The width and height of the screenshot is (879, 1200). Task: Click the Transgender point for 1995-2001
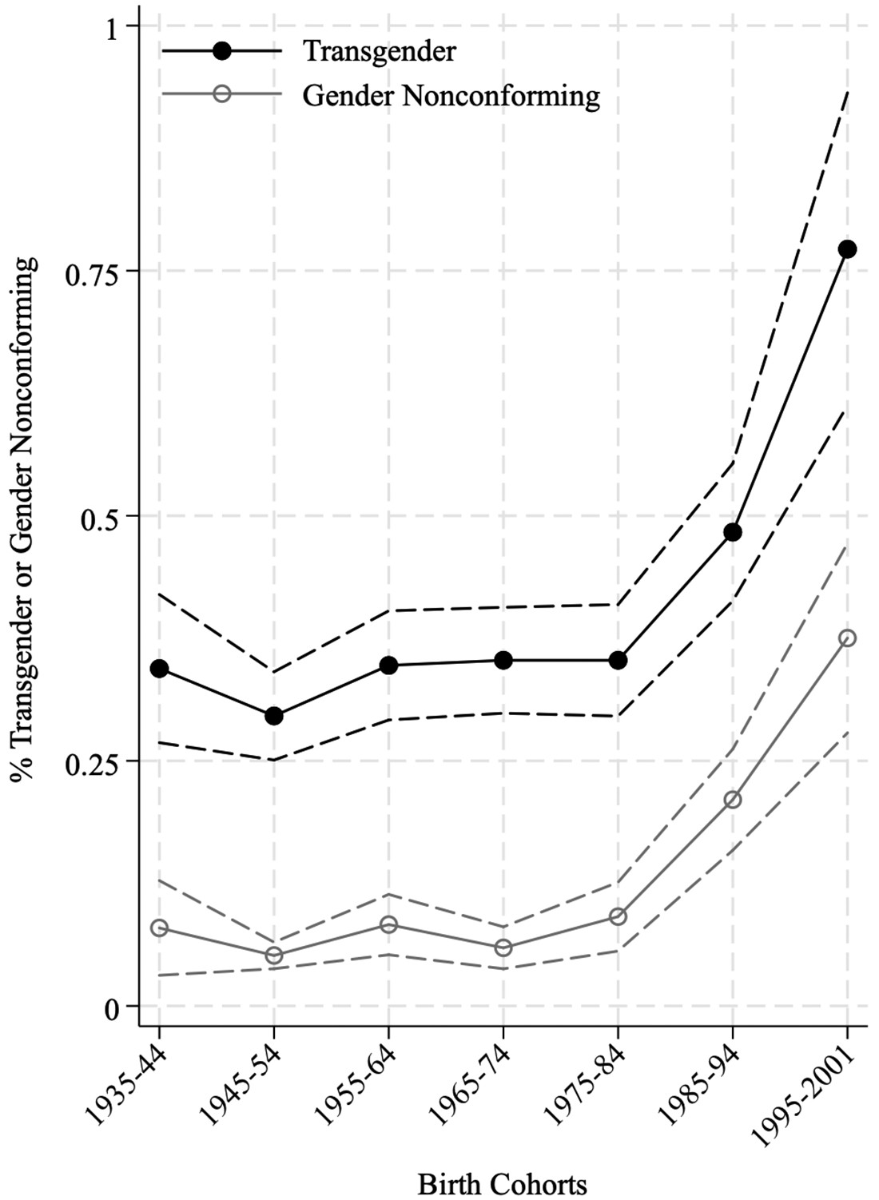(847, 249)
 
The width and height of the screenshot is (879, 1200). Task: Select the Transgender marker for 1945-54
(274, 716)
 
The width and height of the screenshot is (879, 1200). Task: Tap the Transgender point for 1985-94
(733, 532)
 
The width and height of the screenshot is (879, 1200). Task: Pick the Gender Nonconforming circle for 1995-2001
(847, 638)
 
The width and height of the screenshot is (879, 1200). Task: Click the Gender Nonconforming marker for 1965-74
(503, 948)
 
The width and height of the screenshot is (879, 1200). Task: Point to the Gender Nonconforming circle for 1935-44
(159, 928)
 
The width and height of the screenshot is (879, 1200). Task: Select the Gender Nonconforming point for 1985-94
(733, 800)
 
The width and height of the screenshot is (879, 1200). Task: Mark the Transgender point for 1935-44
(159, 668)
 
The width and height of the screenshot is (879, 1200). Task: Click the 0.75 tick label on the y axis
(89, 272)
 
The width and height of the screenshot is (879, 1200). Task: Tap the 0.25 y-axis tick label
(89, 761)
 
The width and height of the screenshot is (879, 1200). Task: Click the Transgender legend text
(379, 51)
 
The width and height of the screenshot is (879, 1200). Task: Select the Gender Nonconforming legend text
(451, 95)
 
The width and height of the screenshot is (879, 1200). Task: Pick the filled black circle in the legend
(222, 51)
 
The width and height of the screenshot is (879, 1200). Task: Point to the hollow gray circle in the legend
(222, 94)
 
